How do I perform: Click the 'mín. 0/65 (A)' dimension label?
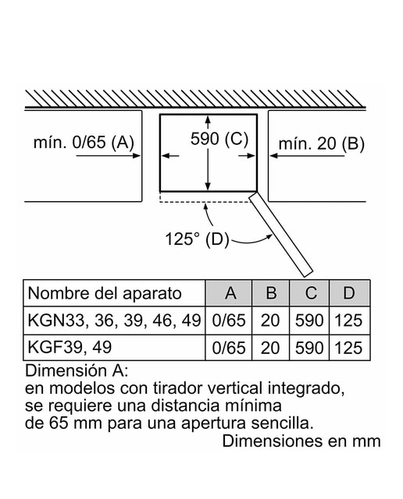[84, 142]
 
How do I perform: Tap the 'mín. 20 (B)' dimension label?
[321, 143]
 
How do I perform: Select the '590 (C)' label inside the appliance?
[219, 139]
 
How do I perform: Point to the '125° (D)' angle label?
[197, 239]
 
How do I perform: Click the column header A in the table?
[230, 293]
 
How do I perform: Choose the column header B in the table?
[271, 293]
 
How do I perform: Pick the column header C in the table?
[310, 293]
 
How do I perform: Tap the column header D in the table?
[349, 293]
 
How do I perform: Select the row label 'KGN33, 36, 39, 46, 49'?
[115, 320]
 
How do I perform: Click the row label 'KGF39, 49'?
[70, 346]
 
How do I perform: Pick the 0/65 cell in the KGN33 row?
[229, 320]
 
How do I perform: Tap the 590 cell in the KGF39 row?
[309, 348]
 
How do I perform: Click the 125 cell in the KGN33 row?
[348, 320]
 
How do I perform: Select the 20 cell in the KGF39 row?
[270, 348]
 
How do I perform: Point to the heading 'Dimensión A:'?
[77, 371]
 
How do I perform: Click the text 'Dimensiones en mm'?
[301, 441]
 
